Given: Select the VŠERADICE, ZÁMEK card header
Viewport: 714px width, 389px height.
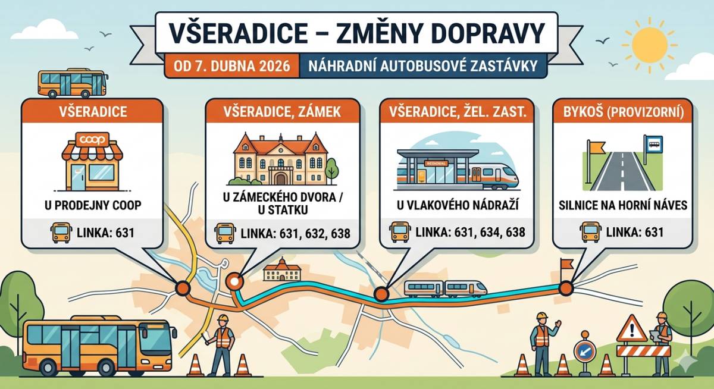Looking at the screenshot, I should (282, 111).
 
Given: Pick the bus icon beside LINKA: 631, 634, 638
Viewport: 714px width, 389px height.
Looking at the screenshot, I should (399, 232).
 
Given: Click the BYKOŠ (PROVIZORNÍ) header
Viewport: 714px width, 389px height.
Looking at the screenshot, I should (623, 111).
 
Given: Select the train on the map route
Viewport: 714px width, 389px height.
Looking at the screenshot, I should (445, 288).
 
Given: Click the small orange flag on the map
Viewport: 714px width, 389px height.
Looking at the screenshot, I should (566, 263).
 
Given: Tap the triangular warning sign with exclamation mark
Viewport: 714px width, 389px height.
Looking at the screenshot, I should (631, 329).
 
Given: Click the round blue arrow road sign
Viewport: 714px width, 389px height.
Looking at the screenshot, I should (585, 351).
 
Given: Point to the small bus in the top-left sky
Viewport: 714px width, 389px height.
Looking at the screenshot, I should (72, 83).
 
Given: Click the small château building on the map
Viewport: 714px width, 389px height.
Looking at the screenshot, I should (281, 271).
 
